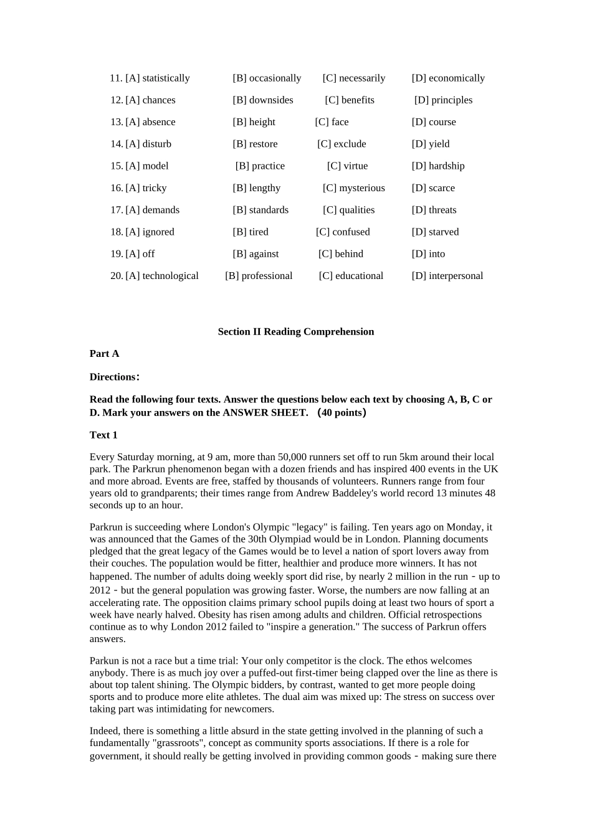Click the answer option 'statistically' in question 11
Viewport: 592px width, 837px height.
tap(158, 78)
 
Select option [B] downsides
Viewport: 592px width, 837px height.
tap(262, 100)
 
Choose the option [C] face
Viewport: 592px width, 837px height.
tap(332, 122)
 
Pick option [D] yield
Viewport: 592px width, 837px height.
tap(430, 144)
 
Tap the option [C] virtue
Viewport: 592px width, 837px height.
tap(347, 166)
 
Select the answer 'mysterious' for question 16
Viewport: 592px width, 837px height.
tap(353, 188)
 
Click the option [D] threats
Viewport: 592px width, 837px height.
tap(434, 210)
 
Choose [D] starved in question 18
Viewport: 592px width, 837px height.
tap(435, 232)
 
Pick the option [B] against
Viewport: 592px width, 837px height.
tap(255, 254)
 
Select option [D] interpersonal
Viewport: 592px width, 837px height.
tap(447, 276)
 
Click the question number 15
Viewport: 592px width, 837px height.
tap(117, 166)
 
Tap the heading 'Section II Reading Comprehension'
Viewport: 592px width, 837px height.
tap(296, 332)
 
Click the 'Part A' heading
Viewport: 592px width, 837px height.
tap(104, 354)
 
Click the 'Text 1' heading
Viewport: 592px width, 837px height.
tap(103, 435)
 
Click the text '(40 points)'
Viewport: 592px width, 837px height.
tap(341, 412)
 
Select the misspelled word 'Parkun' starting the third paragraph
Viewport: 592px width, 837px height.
tap(104, 661)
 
